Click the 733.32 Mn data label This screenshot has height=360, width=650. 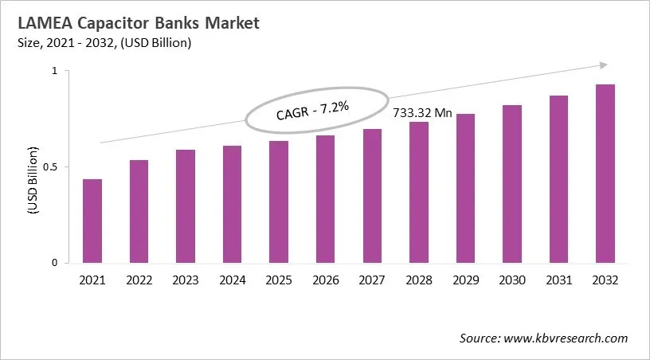click(x=423, y=113)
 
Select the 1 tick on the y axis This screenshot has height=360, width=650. click(x=55, y=72)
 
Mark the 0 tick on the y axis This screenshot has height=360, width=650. click(x=55, y=263)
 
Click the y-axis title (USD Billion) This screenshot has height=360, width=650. click(x=33, y=180)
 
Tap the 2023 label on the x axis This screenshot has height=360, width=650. click(x=186, y=280)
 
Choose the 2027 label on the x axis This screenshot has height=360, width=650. click(x=372, y=280)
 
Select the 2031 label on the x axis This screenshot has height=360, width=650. click(x=558, y=280)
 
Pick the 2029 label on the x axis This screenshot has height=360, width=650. click(x=465, y=280)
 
